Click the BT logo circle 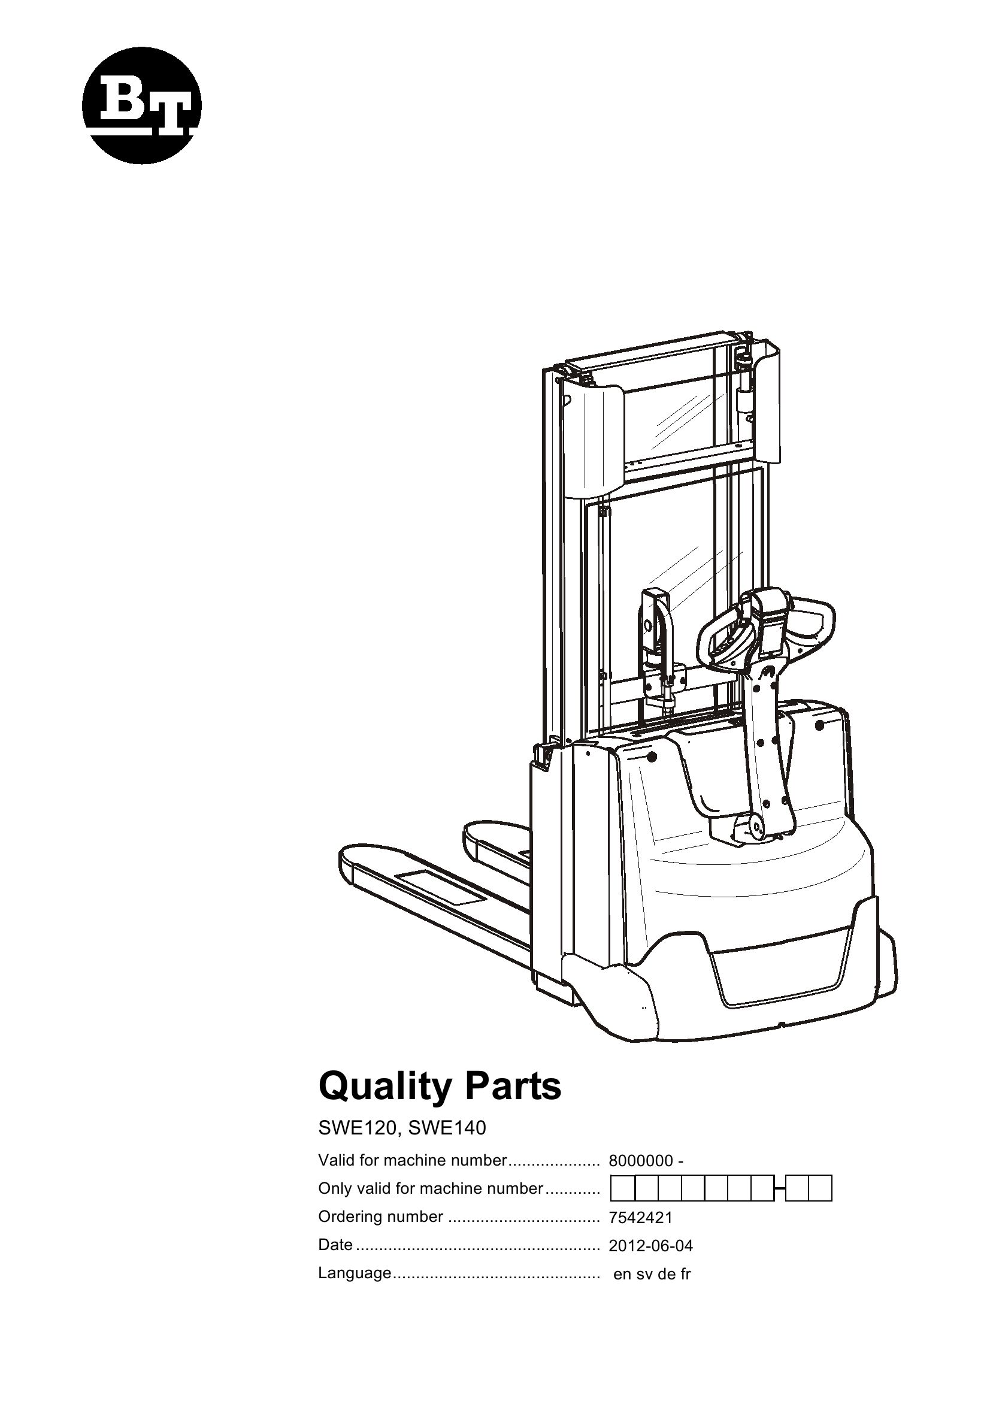[x=141, y=105]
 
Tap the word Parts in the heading [x=514, y=1087]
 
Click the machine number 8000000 [x=640, y=1161]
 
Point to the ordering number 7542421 [x=640, y=1218]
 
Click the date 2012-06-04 [x=651, y=1246]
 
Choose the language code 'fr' [x=685, y=1275]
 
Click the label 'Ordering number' [x=381, y=1217]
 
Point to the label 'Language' [x=355, y=1273]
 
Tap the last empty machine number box [x=822, y=1190]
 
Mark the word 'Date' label [x=335, y=1245]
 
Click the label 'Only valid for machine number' [x=430, y=1188]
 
